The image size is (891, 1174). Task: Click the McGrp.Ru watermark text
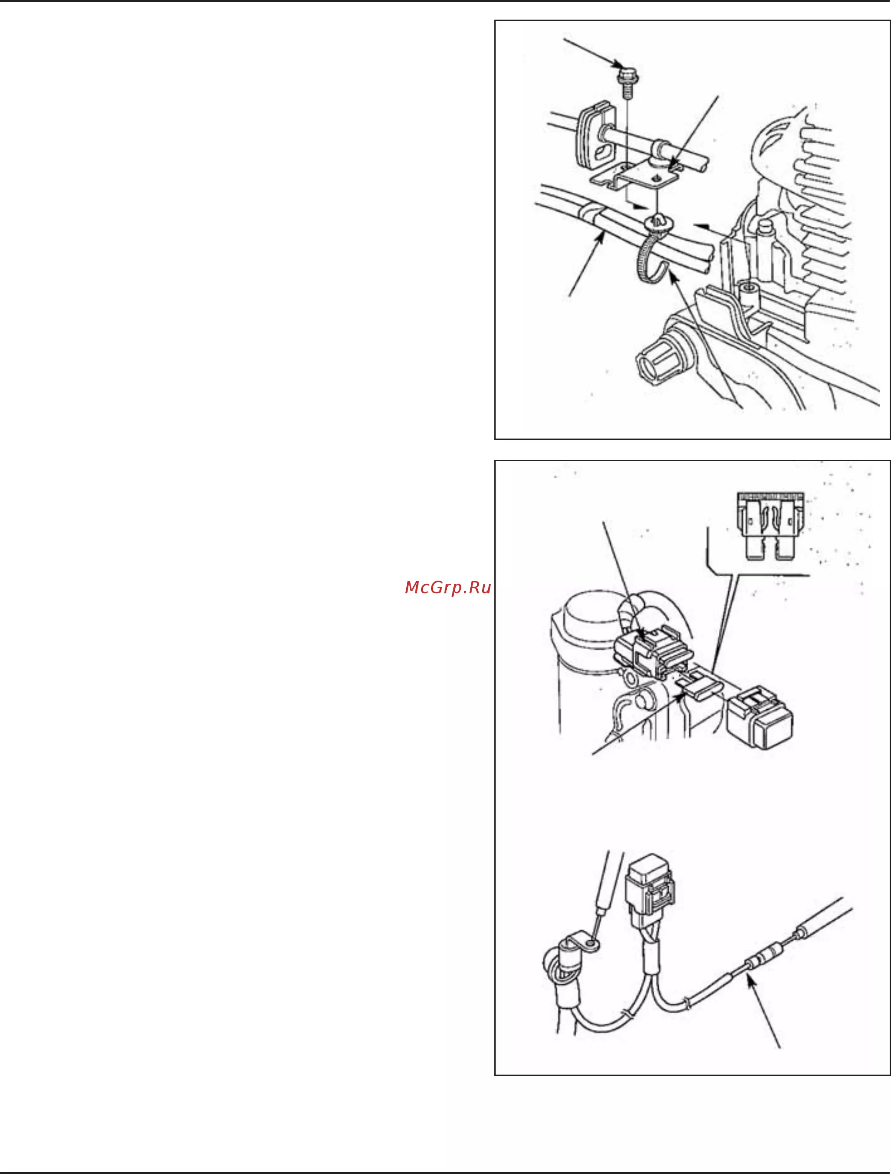tap(447, 588)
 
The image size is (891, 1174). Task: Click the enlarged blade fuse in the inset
tap(769, 525)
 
